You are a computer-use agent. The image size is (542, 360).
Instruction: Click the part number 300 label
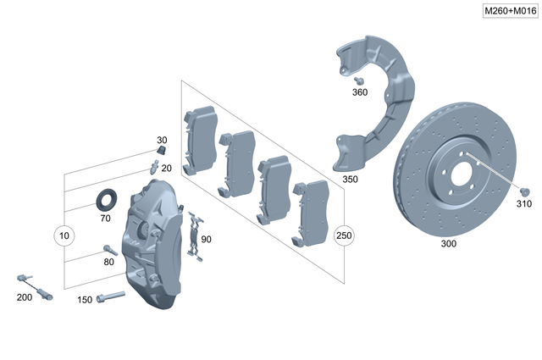[x=448, y=244]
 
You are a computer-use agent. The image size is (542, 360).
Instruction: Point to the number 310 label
[x=524, y=204]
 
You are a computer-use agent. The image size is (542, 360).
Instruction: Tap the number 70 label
[x=105, y=218]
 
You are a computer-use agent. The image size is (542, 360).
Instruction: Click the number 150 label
[x=85, y=299]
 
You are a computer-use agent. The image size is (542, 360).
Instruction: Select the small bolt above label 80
[x=109, y=249]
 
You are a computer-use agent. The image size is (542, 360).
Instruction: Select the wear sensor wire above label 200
[x=35, y=286]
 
